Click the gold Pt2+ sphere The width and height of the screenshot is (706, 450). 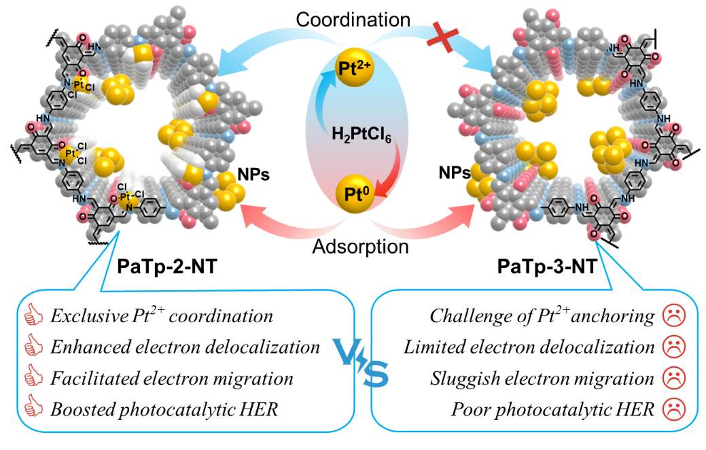click(354, 69)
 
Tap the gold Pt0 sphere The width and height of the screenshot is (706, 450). click(353, 194)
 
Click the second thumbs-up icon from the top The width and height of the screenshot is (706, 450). click(33, 346)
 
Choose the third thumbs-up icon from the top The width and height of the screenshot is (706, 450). click(33, 376)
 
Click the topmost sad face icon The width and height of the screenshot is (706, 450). click(673, 315)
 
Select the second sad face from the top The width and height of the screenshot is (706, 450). click(673, 346)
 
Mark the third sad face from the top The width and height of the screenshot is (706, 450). click(673, 377)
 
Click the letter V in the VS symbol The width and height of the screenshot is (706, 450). click(348, 351)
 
